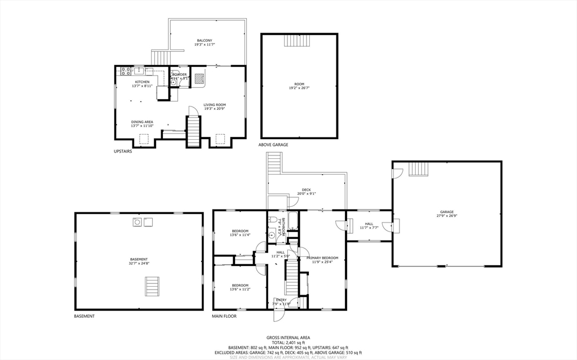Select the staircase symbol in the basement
click(153, 286)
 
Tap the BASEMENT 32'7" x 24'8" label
click(139, 261)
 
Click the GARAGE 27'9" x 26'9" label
click(447, 214)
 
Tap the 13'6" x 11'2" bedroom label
click(241, 287)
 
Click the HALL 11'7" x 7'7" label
click(369, 225)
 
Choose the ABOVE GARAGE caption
click(273, 145)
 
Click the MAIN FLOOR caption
click(224, 316)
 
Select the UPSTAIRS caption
click(123, 151)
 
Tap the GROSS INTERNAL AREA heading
click(288, 337)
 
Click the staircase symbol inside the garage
click(418, 169)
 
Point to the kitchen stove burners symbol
click(125, 71)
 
